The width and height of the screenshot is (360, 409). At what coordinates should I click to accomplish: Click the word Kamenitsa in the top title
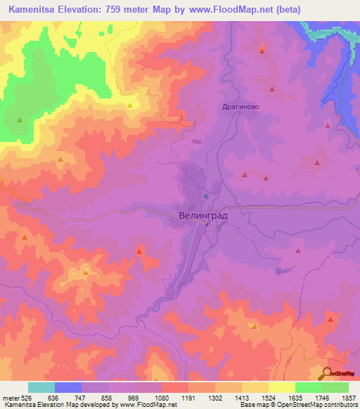click(33, 10)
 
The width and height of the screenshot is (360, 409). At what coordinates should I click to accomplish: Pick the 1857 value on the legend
click(347, 398)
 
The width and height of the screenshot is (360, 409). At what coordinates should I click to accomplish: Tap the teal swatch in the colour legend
click(41, 387)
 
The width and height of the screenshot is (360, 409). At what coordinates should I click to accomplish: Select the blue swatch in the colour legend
click(68, 387)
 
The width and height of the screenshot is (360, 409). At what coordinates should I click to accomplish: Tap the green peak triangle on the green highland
click(20, 120)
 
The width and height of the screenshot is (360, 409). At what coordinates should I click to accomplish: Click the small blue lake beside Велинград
click(205, 196)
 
